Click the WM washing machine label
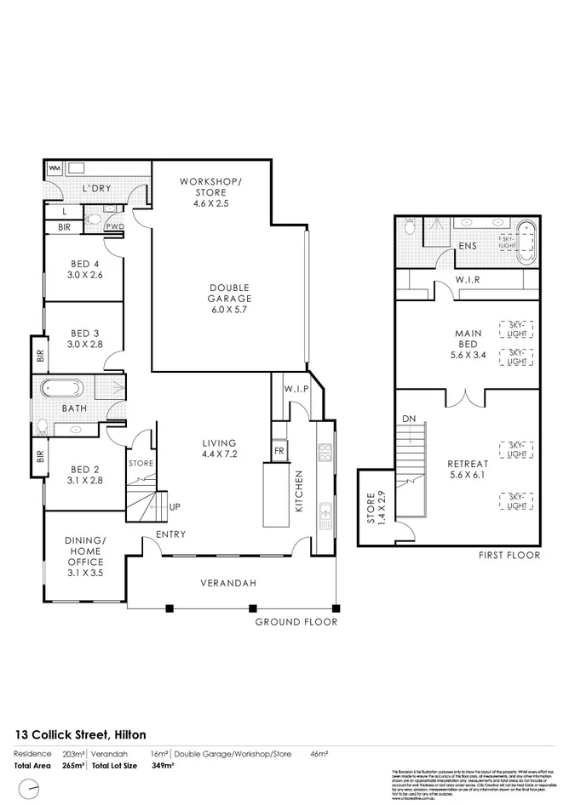pyautogui.click(x=54, y=168)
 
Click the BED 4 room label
pyautogui.click(x=85, y=269)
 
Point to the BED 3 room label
pyautogui.click(x=85, y=339)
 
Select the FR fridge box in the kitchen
pyautogui.click(x=279, y=450)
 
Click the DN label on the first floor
pyautogui.click(x=409, y=419)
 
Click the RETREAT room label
pyautogui.click(x=468, y=470)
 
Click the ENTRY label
pyautogui.click(x=171, y=534)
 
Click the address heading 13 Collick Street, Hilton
pyautogui.click(x=81, y=734)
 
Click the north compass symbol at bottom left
pyautogui.click(x=31, y=790)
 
